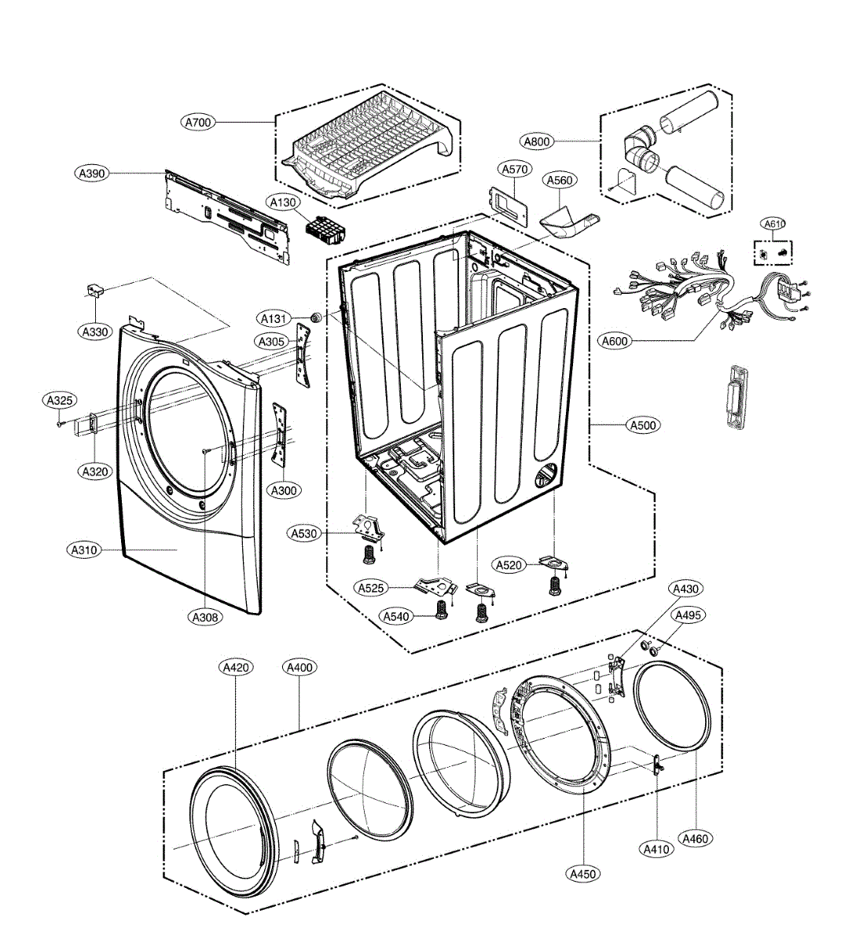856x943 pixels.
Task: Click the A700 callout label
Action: (x=198, y=122)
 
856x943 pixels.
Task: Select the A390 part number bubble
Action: (x=92, y=173)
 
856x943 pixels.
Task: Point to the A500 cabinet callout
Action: (x=642, y=425)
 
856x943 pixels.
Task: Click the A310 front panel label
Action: (x=83, y=550)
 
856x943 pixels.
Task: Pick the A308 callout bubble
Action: (x=204, y=617)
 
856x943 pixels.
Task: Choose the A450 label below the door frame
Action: (x=582, y=873)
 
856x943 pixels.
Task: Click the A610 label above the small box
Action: (x=774, y=224)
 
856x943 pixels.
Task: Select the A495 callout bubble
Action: (x=689, y=615)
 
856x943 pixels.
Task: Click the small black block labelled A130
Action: (x=325, y=230)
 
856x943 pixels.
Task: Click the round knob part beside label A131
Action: (x=316, y=317)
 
